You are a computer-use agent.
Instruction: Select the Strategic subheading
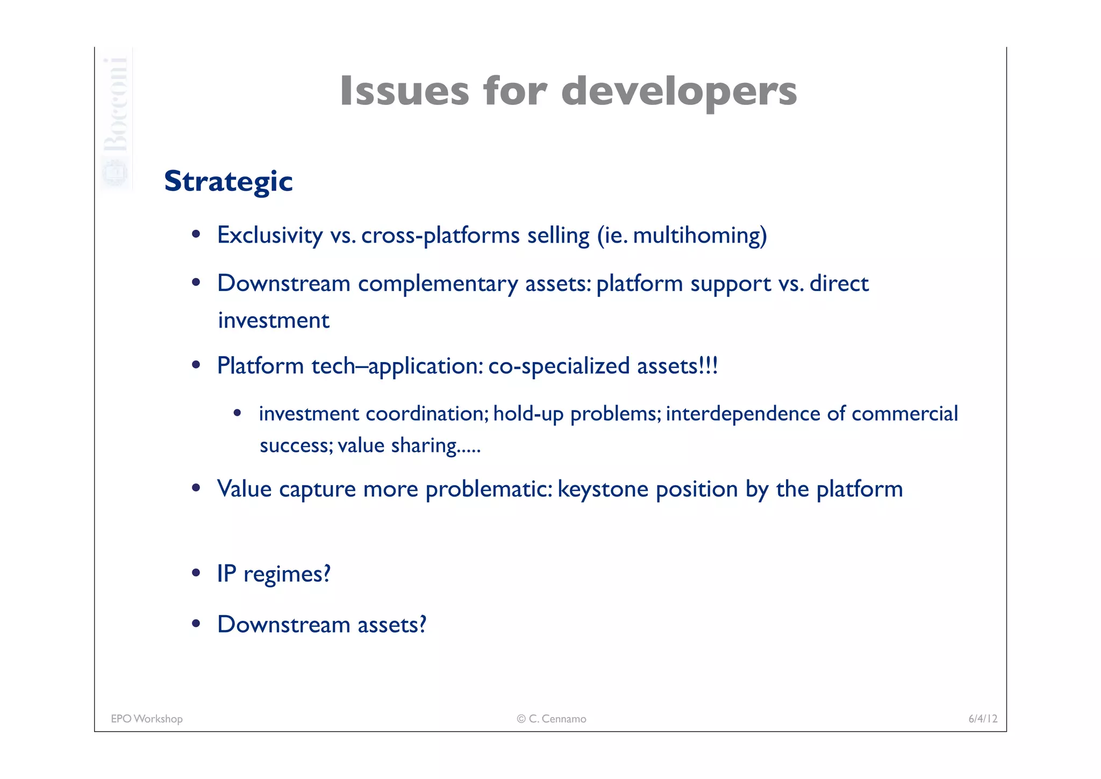click(x=228, y=181)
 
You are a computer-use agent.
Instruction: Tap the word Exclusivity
click(x=269, y=235)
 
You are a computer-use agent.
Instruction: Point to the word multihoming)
click(x=699, y=235)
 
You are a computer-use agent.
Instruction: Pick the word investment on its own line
click(x=273, y=321)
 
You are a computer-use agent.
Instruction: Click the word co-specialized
click(x=559, y=366)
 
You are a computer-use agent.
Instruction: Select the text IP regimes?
click(x=273, y=573)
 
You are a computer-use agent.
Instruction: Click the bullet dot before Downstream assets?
click(x=196, y=624)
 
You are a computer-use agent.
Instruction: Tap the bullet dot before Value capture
click(x=196, y=488)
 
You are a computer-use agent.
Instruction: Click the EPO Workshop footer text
click(x=147, y=719)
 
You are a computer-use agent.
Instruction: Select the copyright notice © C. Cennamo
click(x=551, y=719)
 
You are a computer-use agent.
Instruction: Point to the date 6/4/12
click(x=983, y=719)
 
